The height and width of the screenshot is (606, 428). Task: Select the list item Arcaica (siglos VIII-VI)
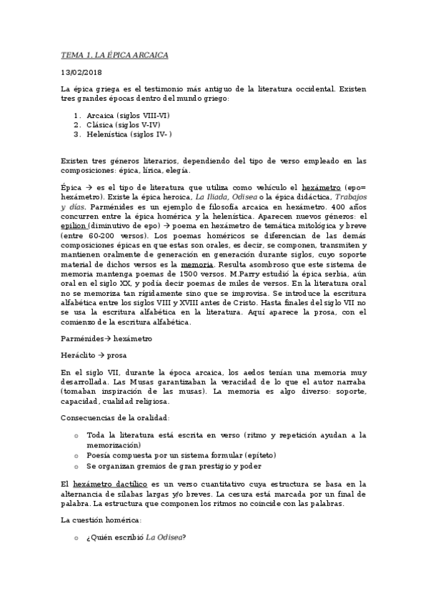click(x=128, y=115)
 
